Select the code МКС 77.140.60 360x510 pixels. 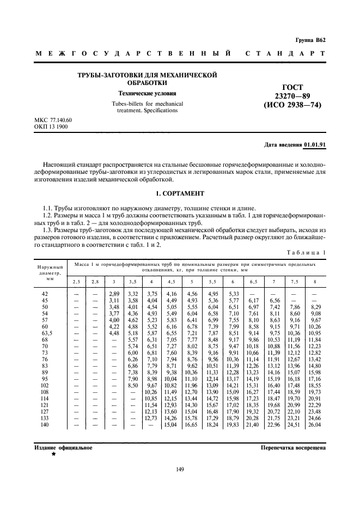(x=53, y=120)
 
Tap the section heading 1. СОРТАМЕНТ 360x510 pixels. (x=180, y=193)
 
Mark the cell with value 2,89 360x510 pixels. (x=113, y=294)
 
